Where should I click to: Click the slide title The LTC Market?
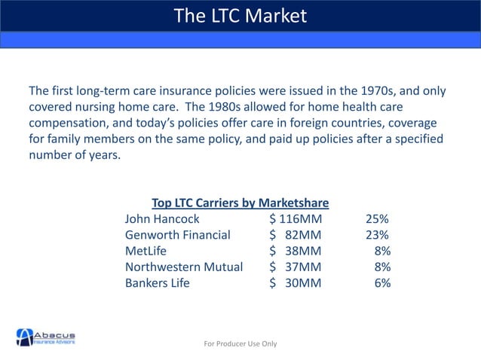pyautogui.click(x=240, y=15)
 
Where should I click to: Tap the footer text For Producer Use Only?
pyautogui.click(x=240, y=343)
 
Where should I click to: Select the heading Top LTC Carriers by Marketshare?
pyautogui.click(x=240, y=203)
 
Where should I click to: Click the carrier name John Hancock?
pyautogui.click(x=162, y=219)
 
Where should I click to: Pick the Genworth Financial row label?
pyautogui.click(x=177, y=235)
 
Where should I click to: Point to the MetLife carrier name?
pyautogui.click(x=146, y=252)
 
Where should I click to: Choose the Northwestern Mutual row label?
pyautogui.click(x=184, y=267)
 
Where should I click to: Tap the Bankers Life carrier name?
pyautogui.click(x=158, y=284)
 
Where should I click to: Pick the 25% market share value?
pyautogui.click(x=377, y=219)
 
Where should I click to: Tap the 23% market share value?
pyautogui.click(x=377, y=235)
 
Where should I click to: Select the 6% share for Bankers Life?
pyautogui.click(x=382, y=284)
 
